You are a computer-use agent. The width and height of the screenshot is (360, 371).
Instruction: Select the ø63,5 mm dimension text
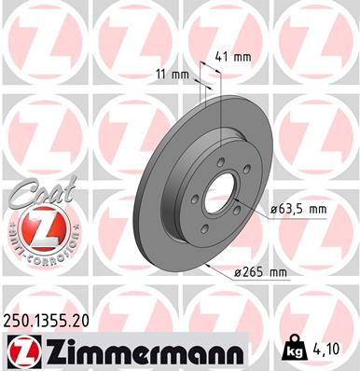[x=298, y=210]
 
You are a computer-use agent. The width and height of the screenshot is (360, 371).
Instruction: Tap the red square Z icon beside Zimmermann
[x=21, y=351]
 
